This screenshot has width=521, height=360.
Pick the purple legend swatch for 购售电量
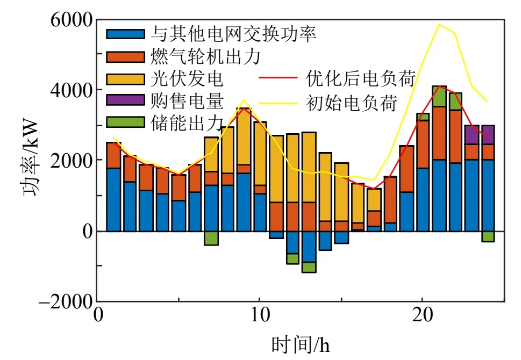pos(126,100)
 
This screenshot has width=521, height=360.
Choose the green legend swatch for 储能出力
pos(126,122)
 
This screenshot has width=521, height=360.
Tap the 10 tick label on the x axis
pos(259,315)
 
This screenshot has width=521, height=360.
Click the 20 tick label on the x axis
pos(422,315)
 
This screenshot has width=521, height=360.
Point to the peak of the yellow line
pos(439,25)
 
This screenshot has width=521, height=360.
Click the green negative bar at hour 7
pos(211,238)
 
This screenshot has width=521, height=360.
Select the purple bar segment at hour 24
pos(488,135)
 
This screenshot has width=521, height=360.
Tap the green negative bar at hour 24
pos(488,236)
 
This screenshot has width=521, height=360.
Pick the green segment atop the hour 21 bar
pos(439,97)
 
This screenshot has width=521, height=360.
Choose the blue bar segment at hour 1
pos(113,199)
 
